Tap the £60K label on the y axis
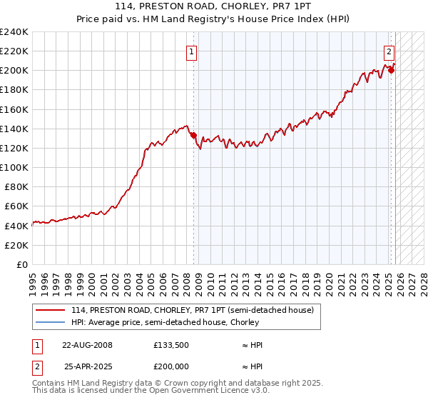pyautogui.click(x=16, y=206)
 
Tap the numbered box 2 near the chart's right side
pyautogui.click(x=389, y=51)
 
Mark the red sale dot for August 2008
pyautogui.click(x=193, y=135)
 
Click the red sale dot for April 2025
pyautogui.click(x=392, y=70)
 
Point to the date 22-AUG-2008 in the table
pyautogui.click(x=87, y=345)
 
